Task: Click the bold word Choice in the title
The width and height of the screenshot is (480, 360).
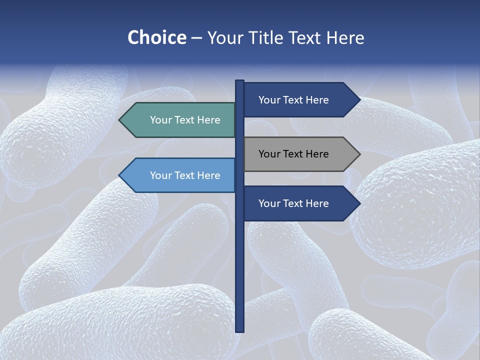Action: (156, 37)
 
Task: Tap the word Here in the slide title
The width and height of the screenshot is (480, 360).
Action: (345, 37)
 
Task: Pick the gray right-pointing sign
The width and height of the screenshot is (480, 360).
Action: (297, 154)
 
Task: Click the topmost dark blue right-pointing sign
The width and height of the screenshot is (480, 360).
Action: (297, 100)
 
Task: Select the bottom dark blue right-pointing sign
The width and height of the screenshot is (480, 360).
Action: (297, 203)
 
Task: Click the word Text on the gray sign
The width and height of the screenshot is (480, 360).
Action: (293, 154)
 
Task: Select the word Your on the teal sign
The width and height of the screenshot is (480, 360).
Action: (161, 120)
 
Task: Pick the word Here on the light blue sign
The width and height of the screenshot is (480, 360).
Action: (208, 175)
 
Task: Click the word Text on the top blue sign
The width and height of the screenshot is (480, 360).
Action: (293, 100)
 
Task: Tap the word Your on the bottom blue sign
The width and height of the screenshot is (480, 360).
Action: (269, 203)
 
